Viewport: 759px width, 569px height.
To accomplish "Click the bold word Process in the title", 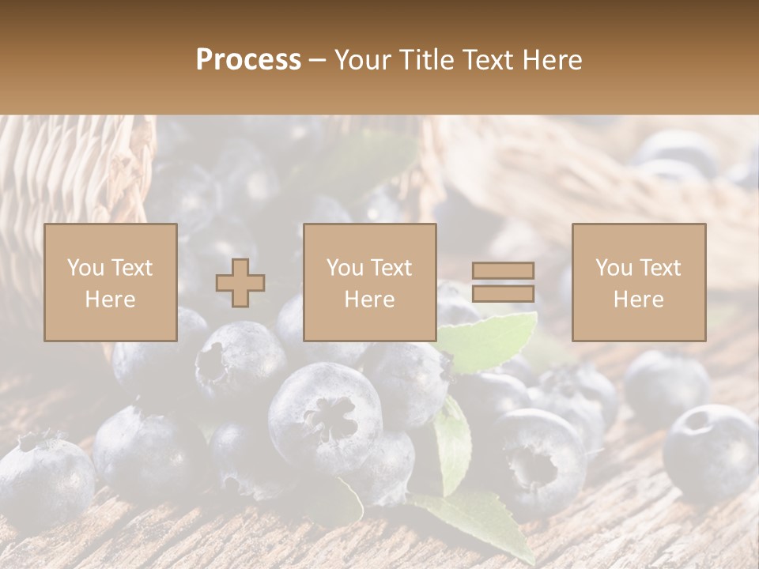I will [x=248, y=60].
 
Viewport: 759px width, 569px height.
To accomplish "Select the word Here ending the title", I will [x=552, y=60].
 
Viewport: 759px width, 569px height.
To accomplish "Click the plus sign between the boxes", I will [x=240, y=282].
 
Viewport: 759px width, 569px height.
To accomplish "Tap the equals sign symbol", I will [x=503, y=282].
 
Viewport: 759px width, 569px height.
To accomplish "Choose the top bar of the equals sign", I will [x=503, y=271].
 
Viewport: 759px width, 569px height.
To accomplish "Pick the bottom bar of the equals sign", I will [x=503, y=294].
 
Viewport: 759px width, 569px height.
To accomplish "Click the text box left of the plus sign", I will [x=110, y=282].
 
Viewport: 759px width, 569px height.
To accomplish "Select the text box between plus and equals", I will [x=369, y=282].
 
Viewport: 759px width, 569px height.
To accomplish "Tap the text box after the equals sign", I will [x=638, y=282].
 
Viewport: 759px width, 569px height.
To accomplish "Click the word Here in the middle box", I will [x=369, y=299].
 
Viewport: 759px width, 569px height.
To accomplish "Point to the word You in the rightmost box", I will [x=614, y=268].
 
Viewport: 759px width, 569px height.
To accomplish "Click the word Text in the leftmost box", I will [x=131, y=268].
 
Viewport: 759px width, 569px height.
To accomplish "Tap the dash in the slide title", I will [x=317, y=60].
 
